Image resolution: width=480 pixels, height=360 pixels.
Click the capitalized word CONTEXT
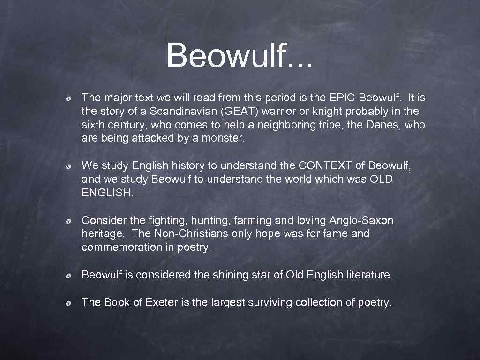(331, 166)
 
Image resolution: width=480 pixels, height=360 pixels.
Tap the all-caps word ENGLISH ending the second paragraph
(107, 193)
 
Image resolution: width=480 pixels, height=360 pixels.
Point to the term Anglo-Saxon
(361, 220)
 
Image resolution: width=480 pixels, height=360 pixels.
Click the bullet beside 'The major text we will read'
(68, 98)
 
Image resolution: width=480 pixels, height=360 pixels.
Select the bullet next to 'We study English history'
(68, 166)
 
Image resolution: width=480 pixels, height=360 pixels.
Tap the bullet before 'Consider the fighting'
(68, 221)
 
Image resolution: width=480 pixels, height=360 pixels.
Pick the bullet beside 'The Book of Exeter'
(68, 303)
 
